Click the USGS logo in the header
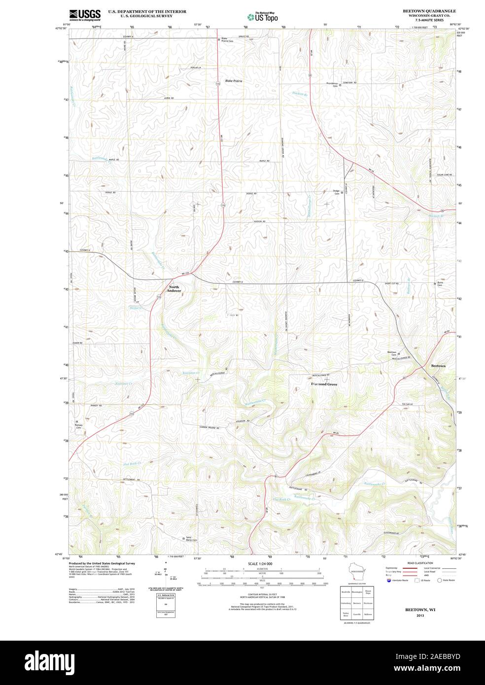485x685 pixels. (85, 14)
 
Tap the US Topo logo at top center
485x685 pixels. (263, 17)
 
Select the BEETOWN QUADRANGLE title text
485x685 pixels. (429, 10)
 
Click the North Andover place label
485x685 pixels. (175, 289)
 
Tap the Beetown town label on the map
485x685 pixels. (438, 366)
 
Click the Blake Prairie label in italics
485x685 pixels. (234, 80)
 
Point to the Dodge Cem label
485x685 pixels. (337, 192)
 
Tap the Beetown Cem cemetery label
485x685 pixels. (392, 353)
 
